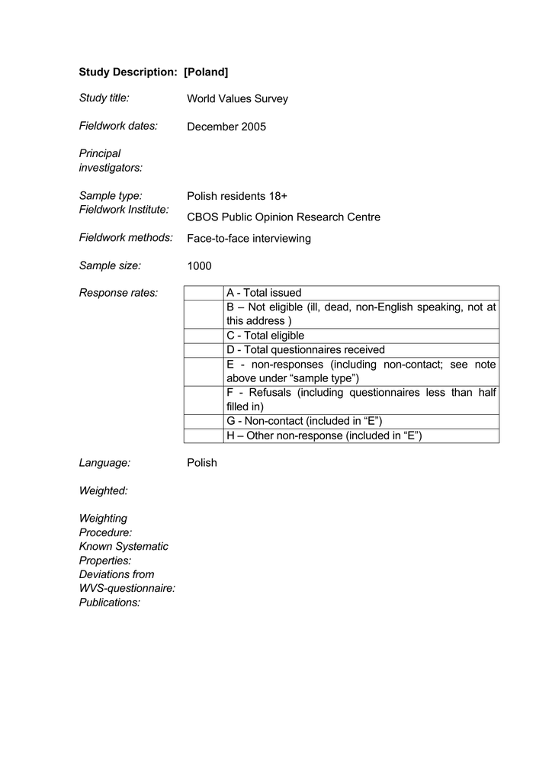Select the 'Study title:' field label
click(x=104, y=98)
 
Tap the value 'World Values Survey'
click(x=237, y=99)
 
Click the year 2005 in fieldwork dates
click(x=254, y=127)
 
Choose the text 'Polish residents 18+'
click(x=237, y=196)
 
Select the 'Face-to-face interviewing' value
click(x=249, y=239)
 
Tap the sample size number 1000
click(x=199, y=266)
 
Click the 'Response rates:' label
click(x=118, y=293)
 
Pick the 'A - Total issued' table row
click(x=264, y=293)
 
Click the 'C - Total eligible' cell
click(x=265, y=336)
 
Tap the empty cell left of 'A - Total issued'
click(x=202, y=293)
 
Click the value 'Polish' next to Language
click(x=202, y=463)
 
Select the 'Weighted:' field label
click(x=103, y=490)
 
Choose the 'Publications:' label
click(x=110, y=603)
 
